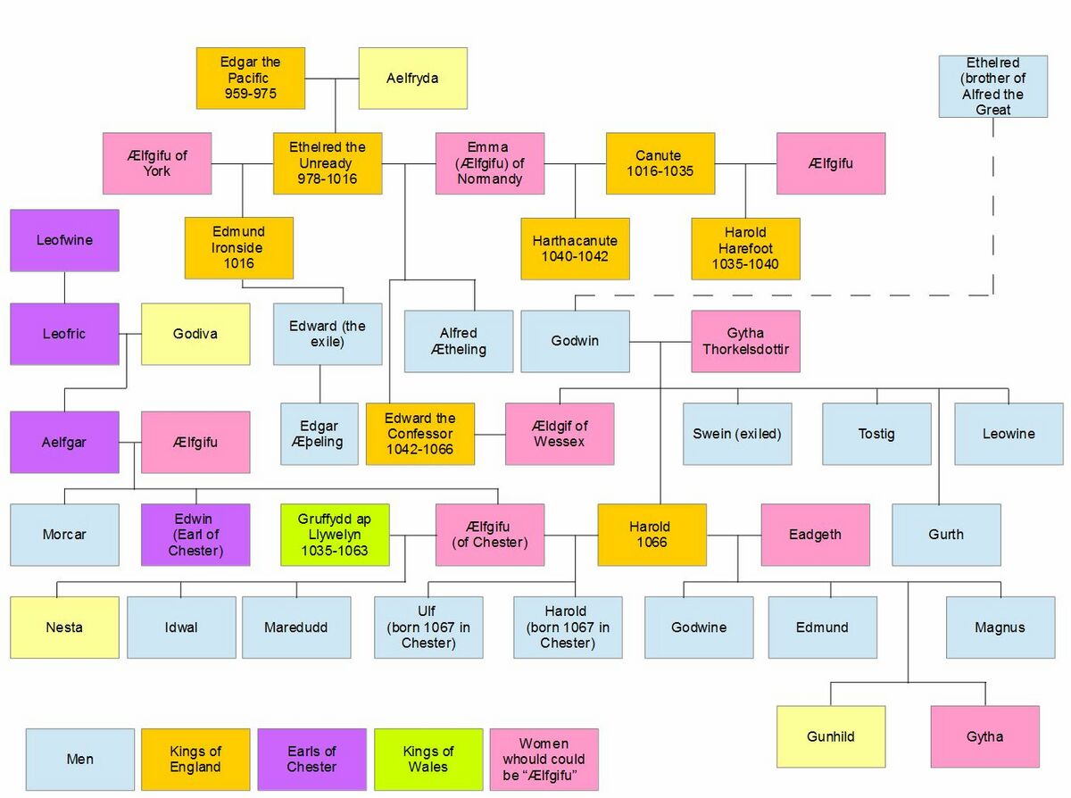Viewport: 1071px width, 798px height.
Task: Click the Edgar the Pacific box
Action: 251,79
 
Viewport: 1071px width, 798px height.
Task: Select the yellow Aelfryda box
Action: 413,79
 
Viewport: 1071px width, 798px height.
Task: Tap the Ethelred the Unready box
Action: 328,163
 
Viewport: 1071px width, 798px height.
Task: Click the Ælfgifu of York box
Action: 157,163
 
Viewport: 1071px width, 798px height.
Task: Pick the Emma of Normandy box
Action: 490,163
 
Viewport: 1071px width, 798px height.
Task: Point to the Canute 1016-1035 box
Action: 660,163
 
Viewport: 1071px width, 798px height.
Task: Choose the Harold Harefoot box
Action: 745,249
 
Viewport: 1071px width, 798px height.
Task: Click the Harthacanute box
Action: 575,249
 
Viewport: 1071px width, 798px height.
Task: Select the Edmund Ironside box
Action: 239,248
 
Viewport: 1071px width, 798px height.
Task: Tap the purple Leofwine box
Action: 64,240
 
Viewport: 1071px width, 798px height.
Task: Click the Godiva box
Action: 195,334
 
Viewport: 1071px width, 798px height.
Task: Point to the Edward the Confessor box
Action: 420,434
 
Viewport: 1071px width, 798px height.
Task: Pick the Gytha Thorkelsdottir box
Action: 745,341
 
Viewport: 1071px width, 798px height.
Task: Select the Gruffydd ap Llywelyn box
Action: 335,535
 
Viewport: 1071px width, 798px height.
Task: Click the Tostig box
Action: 877,434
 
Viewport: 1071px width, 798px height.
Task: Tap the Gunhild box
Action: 831,736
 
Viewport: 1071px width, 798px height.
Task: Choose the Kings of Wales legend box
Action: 428,760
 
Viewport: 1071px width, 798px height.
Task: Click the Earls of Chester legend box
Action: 312,760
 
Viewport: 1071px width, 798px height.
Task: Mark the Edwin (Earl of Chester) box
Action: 195,535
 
